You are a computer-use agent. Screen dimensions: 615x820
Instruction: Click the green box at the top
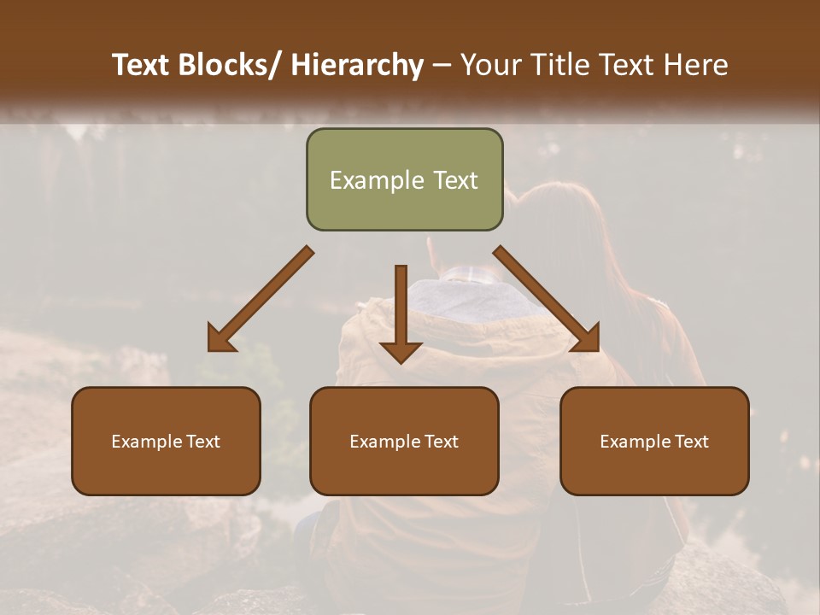pos(404,179)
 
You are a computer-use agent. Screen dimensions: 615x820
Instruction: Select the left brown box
pos(166,441)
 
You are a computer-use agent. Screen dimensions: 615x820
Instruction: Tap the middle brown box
pos(404,441)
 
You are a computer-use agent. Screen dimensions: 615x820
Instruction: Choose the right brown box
pos(654,441)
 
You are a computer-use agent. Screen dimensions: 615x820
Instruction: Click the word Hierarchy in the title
pos(356,65)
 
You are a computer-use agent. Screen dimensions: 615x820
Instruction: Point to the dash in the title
pos(442,65)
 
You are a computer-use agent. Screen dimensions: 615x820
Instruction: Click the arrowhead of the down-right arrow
pos(586,338)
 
